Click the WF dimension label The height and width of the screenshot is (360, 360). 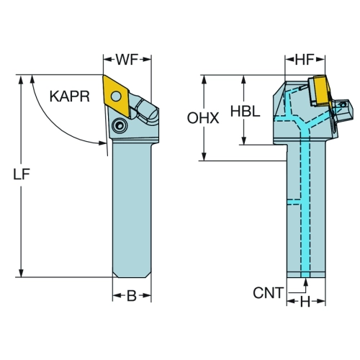[127, 60]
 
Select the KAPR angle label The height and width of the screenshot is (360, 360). [70, 96]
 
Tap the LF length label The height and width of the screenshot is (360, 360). [21, 174]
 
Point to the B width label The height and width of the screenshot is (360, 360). [132, 296]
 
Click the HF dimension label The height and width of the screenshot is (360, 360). [305, 60]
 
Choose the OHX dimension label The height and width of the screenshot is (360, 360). [203, 118]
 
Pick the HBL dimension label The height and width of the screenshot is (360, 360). [246, 112]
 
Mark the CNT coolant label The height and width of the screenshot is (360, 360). [269, 293]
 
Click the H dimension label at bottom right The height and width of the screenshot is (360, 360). [305, 302]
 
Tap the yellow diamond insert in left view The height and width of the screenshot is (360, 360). [116, 96]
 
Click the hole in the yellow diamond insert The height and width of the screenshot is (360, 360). [116, 96]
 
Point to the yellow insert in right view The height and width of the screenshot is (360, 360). [323, 90]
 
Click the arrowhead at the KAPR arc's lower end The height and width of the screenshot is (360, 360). [102, 143]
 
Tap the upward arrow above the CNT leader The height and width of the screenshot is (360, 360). [305, 282]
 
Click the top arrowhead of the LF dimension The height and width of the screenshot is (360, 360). [21, 79]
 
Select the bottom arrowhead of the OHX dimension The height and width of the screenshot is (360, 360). [204, 156]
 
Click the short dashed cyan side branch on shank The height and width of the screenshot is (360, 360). [294, 202]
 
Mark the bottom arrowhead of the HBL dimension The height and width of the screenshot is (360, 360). [244, 140]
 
